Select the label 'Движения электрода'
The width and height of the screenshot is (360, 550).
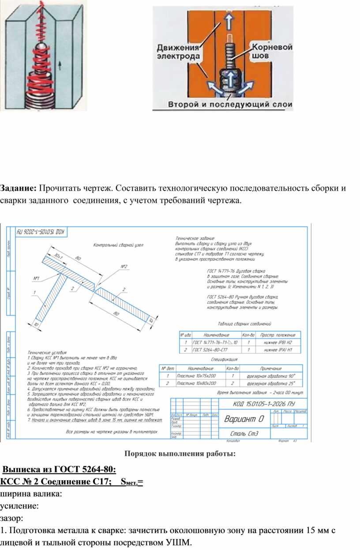coord(179,52)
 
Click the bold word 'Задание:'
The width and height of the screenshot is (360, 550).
coord(18,188)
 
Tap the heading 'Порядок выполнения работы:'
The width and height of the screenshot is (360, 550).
coord(180,453)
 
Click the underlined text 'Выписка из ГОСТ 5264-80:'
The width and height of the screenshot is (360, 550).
coord(60,469)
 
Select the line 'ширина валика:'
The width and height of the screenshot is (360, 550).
coord(31,494)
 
